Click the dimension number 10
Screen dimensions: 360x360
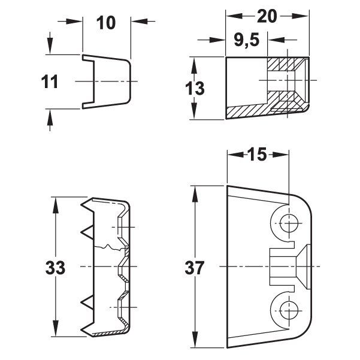click(x=106, y=23)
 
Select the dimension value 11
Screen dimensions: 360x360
click(x=49, y=82)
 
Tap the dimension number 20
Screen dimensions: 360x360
click(x=267, y=16)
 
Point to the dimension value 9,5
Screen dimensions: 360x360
click(x=247, y=40)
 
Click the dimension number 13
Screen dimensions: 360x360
click(x=195, y=89)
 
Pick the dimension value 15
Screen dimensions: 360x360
click(x=257, y=155)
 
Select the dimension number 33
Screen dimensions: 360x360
click(x=55, y=268)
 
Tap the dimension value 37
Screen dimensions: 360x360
click(x=194, y=268)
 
